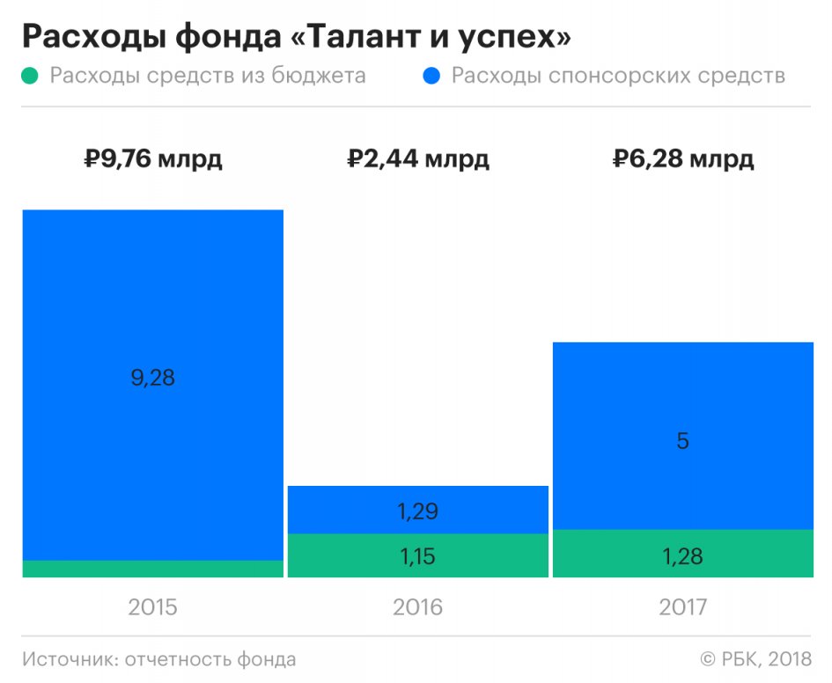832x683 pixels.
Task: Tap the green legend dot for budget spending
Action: (31, 77)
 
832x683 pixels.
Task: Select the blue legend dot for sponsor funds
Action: (431, 77)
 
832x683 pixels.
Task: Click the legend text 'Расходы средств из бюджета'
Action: (207, 76)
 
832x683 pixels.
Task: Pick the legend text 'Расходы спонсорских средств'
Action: (617, 76)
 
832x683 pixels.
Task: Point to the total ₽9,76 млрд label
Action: (153, 160)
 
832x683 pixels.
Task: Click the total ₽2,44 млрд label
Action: (418, 160)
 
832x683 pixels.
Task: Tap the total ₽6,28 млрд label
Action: (683, 160)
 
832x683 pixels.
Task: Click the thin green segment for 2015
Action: (153, 569)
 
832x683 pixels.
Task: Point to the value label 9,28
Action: (153, 378)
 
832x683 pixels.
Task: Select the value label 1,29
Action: (418, 511)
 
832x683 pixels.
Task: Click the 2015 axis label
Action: (153, 606)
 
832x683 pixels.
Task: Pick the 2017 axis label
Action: (683, 606)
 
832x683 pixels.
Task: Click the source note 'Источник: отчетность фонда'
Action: (159, 659)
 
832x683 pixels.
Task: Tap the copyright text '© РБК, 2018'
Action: (755, 659)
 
